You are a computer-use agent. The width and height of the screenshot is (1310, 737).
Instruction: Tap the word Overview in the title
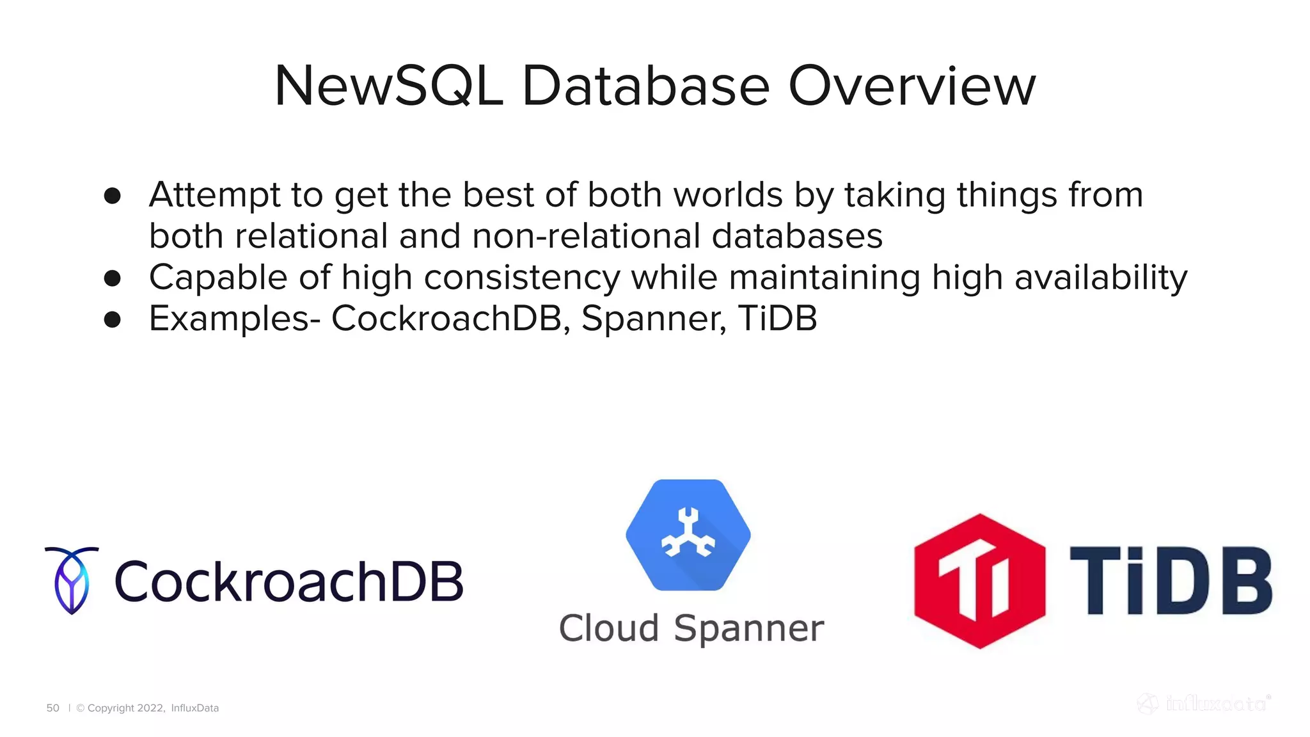pos(911,86)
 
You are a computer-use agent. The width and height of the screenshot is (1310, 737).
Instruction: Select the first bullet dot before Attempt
pos(113,196)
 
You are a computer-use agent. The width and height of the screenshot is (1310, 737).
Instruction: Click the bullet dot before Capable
pos(113,278)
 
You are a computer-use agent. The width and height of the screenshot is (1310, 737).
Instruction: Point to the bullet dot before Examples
pos(113,319)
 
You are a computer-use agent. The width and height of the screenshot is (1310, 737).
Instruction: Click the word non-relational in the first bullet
pos(586,236)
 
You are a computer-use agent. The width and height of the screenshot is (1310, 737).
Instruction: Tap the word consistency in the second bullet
pos(522,278)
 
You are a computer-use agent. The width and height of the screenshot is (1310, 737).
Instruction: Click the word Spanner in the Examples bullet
pos(654,319)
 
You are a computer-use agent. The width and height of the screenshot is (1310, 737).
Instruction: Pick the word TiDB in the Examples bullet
pos(777,319)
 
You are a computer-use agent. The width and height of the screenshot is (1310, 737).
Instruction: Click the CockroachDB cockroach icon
pos(72,580)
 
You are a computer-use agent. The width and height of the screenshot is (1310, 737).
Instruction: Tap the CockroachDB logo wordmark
pos(288,582)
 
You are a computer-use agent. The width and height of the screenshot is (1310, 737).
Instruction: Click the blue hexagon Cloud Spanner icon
pos(688,535)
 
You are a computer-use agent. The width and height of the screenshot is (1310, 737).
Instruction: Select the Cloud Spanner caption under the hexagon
pos(691,628)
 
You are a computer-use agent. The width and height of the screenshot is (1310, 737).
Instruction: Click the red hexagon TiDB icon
pos(979,581)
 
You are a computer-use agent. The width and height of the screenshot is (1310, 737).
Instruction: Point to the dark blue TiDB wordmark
pos(1171,581)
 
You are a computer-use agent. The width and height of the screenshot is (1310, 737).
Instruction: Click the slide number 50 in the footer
pos(52,708)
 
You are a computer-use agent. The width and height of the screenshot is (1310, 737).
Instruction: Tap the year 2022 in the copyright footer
pos(150,708)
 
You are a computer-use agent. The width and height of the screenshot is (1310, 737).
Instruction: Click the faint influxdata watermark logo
pos(1204,704)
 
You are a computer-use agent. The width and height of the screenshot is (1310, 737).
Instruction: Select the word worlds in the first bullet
pos(728,195)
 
